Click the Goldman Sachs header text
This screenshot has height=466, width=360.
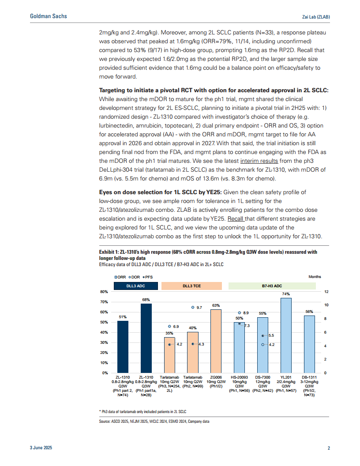[49, 16]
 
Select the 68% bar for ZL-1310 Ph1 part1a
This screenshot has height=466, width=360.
[146, 338]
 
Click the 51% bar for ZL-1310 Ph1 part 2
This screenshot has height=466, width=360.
[123, 346]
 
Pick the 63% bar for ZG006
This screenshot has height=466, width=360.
[216, 341]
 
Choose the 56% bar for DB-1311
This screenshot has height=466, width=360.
[309, 344]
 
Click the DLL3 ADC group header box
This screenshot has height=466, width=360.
[135, 286]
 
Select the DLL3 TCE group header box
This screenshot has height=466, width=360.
[191, 286]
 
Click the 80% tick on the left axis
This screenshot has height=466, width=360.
[105, 292]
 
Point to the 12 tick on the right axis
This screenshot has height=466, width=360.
[326, 292]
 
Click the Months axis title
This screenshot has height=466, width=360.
[315, 277]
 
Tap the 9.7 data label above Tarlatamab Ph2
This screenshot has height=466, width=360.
[199, 307]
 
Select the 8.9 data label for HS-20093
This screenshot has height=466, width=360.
[246, 313]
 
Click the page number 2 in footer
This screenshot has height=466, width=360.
[329, 448]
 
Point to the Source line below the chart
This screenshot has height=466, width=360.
[154, 421]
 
